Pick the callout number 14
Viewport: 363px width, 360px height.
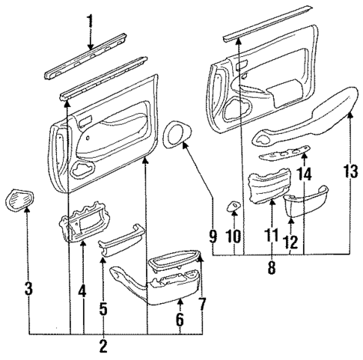tap(305, 174)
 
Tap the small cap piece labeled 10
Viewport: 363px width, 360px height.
tap(234, 207)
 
